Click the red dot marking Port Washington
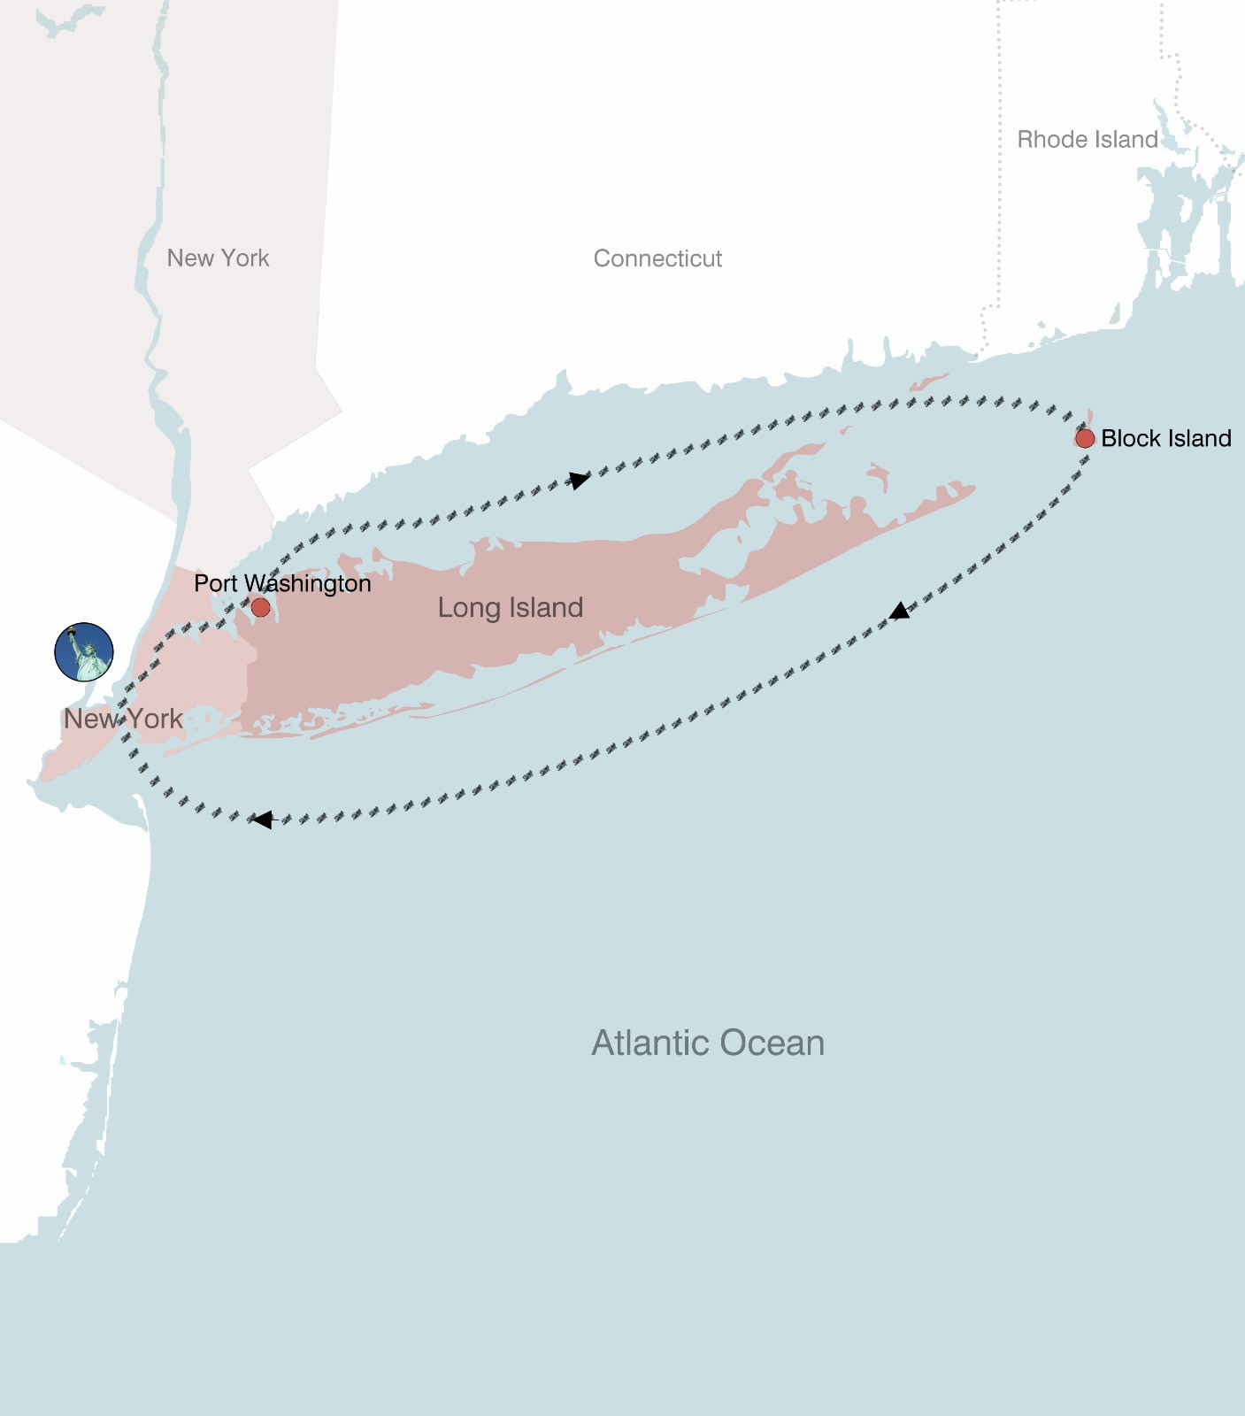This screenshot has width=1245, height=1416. (260, 607)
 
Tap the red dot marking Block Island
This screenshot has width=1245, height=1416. (1085, 438)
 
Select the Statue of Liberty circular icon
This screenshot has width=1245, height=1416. (84, 652)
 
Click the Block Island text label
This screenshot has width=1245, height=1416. (1165, 438)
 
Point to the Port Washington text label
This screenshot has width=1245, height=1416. (282, 583)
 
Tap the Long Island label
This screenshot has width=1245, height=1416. (511, 608)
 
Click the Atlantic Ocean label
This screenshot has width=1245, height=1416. (708, 1043)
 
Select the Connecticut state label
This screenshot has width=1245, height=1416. (657, 258)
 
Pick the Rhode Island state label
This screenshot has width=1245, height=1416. (1087, 139)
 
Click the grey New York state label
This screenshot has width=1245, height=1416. (218, 258)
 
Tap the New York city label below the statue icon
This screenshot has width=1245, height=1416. (123, 719)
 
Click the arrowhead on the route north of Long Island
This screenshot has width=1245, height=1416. (579, 480)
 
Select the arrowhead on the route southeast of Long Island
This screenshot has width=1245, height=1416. (899, 611)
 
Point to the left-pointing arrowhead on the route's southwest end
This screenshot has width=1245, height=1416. (262, 820)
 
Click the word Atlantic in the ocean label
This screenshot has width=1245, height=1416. (649, 1043)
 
